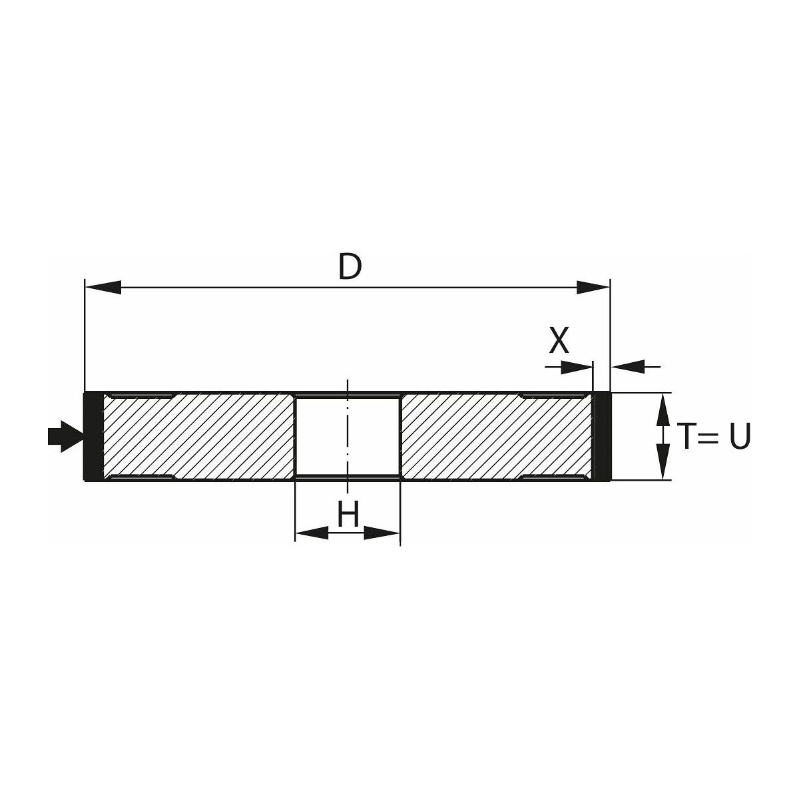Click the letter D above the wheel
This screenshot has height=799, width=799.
pyautogui.click(x=350, y=266)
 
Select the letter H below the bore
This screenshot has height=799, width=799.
pyautogui.click(x=348, y=513)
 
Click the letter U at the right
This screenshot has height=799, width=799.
pyautogui.click(x=740, y=436)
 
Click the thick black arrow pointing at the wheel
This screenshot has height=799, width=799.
pyautogui.click(x=65, y=437)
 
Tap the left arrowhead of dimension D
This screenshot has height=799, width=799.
pyautogui.click(x=103, y=288)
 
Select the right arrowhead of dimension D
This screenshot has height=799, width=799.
pyautogui.click(x=593, y=288)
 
